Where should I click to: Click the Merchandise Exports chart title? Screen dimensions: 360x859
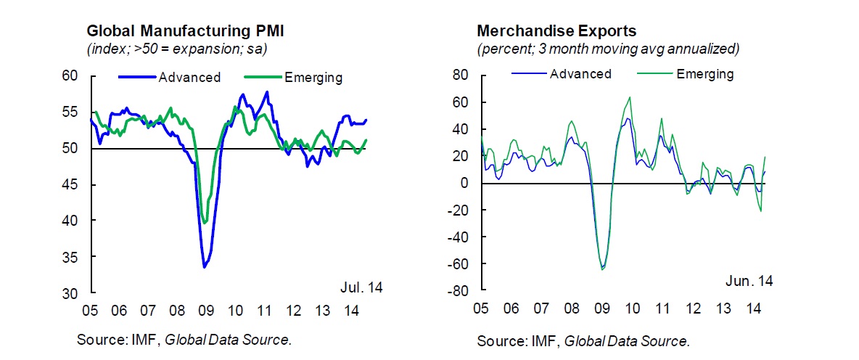(x=556, y=31)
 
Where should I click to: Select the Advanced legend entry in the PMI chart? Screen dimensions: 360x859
(x=189, y=78)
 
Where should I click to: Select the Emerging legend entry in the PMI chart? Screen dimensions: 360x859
(x=313, y=78)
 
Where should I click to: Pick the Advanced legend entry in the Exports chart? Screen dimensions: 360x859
(x=580, y=74)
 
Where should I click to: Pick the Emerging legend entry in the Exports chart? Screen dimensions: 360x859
(x=704, y=74)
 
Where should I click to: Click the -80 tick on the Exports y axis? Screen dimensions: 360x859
(x=458, y=292)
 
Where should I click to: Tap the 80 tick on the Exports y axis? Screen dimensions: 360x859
(x=461, y=75)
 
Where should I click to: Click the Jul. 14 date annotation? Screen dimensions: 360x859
(x=361, y=287)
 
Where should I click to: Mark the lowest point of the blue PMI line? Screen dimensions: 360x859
(x=205, y=267)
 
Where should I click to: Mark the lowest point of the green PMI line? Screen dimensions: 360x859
(x=205, y=223)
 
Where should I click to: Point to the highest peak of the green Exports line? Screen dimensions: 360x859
(x=629, y=97)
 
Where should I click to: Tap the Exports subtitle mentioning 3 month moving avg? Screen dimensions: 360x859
(x=608, y=49)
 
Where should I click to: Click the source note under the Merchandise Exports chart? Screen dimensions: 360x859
(x=583, y=341)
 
